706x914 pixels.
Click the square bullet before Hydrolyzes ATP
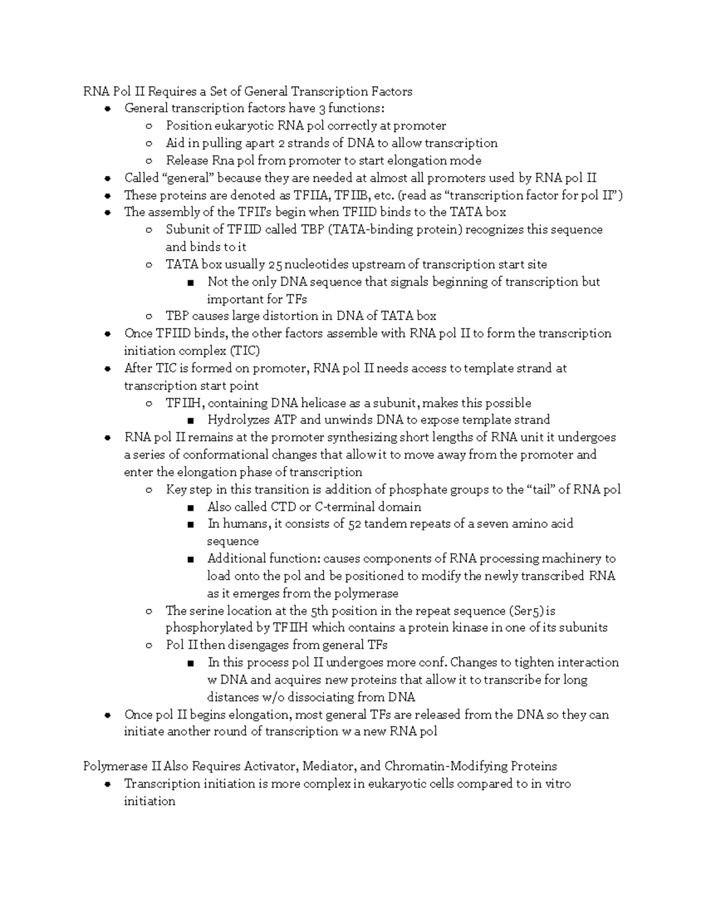[190, 420]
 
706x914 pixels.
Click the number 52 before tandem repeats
[355, 524]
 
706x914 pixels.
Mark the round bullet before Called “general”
[107, 178]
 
